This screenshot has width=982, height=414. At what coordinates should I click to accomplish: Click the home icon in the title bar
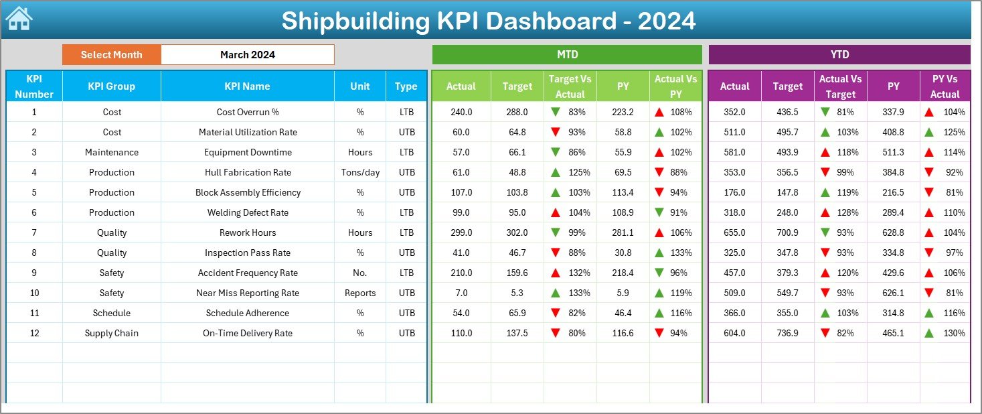pos(19,19)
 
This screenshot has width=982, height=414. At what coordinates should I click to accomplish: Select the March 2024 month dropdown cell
pos(248,55)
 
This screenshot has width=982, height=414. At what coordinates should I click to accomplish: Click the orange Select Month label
pos(112,55)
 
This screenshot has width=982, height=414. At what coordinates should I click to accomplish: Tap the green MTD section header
pos(567,55)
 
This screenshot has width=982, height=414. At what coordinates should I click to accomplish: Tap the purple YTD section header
pos(839,55)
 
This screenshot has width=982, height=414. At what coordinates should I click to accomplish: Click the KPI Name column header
pos(247,86)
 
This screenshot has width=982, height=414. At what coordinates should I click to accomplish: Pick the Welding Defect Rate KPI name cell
pos(248,212)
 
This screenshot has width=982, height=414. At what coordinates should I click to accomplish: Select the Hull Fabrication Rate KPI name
pos(248,172)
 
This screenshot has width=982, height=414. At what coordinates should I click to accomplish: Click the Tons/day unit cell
pos(360,172)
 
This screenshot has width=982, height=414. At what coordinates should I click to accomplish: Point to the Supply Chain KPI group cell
pos(112,333)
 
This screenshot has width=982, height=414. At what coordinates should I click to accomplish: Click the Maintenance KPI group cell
pos(112,152)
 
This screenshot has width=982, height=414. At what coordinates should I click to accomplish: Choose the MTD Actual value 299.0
pos(461,232)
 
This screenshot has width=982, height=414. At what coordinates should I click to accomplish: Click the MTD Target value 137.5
pos(517,333)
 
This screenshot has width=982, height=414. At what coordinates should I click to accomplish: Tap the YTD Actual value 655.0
pos(734,232)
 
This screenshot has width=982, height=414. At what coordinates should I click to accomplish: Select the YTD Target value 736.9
pos(787,333)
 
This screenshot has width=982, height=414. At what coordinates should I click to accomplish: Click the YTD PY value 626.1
pos(893,293)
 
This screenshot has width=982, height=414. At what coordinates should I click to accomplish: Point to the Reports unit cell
pos(360,293)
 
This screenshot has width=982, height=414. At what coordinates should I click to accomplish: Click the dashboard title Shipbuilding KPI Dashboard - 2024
pos(489,21)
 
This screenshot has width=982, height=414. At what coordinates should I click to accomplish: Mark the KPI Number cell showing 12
pos(34,333)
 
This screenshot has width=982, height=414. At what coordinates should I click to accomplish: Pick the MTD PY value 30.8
pos(623,253)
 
